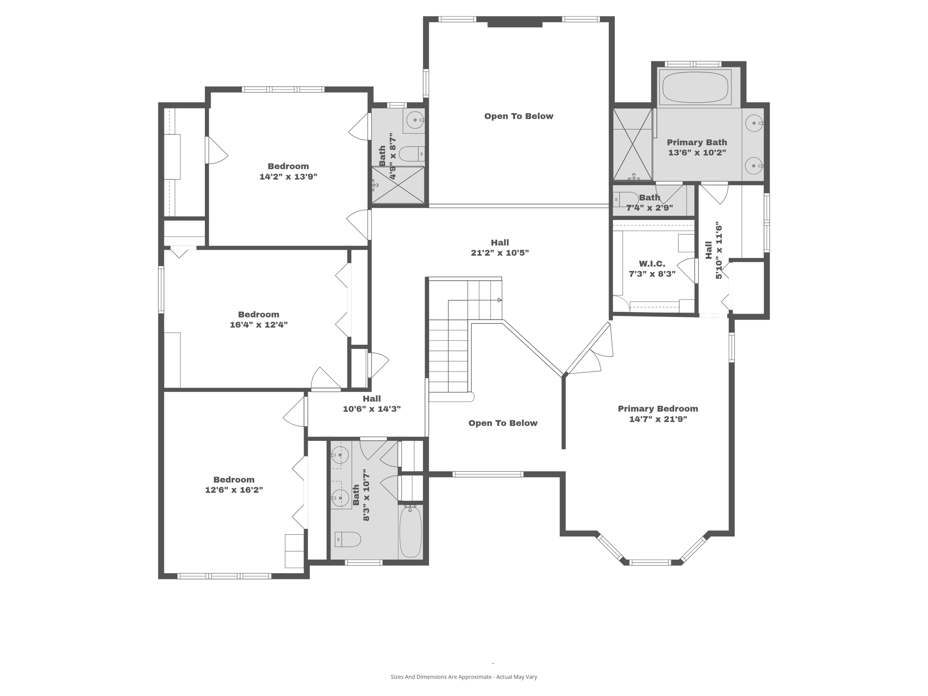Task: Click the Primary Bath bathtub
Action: [695, 87]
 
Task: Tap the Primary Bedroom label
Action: [658, 409]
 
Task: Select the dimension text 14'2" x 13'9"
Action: [288, 177]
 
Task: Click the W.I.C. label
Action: [652, 264]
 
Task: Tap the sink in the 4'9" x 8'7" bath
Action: [415, 120]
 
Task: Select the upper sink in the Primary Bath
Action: [754, 123]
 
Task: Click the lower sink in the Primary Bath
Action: [754, 166]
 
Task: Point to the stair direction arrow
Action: [499, 300]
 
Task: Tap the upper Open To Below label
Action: [519, 116]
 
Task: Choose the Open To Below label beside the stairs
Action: [503, 423]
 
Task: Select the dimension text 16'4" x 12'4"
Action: [259, 325]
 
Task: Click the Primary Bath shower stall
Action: [632, 144]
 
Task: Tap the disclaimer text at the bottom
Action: [464, 677]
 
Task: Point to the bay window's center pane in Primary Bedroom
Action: [650, 562]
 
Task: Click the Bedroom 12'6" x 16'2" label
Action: [234, 480]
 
